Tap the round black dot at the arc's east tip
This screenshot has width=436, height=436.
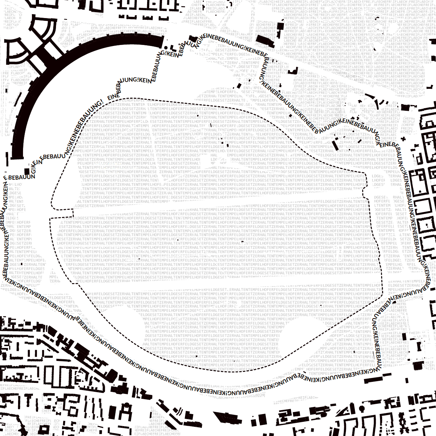coord(166,48)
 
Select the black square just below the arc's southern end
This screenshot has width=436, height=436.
coord(27,171)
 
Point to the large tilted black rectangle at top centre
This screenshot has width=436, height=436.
coord(265,41)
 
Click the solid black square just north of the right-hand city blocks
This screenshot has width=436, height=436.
coord(405,107)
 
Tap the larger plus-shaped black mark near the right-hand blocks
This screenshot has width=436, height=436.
coord(403,139)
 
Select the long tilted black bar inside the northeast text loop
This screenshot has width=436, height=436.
coord(335,145)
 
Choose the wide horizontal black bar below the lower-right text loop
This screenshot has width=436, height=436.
coord(378,379)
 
